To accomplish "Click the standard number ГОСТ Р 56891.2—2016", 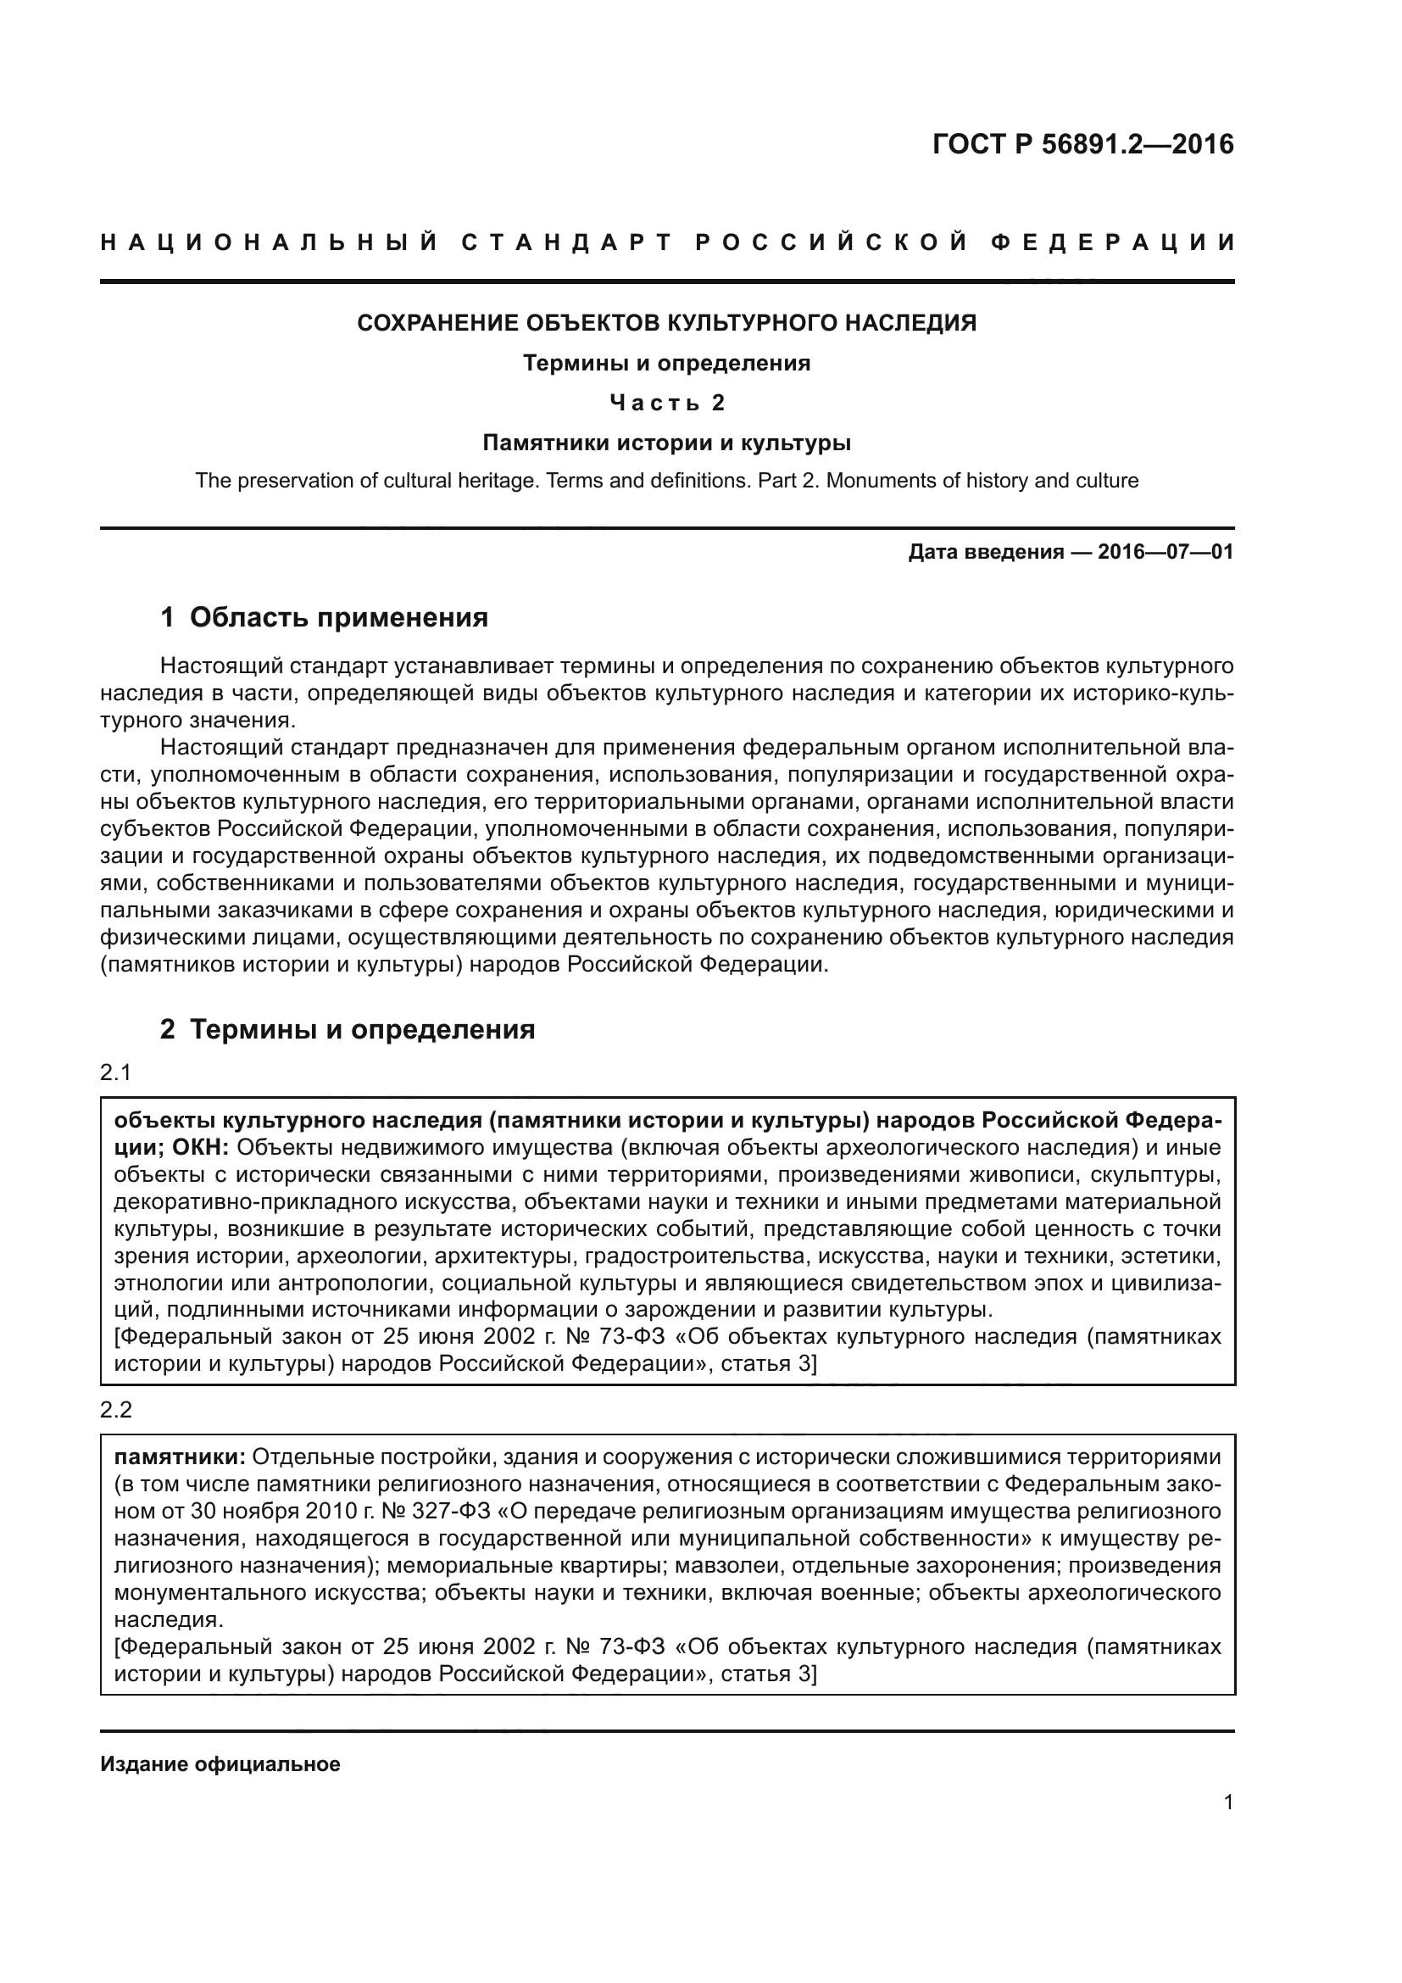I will click(x=1082, y=144).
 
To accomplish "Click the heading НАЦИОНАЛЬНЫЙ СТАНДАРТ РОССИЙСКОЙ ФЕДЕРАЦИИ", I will click(x=667, y=242).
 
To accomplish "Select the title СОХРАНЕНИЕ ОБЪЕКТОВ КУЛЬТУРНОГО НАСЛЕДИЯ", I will click(x=666, y=323).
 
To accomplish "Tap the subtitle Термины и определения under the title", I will click(x=666, y=364).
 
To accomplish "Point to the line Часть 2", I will click(x=666, y=404).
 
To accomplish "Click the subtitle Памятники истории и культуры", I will click(x=666, y=443).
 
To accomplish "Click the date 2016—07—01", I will click(x=1166, y=552).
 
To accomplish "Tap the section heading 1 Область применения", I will click(x=325, y=617).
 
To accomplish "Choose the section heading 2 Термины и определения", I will click(x=348, y=1029).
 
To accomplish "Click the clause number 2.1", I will click(x=115, y=1072).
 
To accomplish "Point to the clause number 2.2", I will click(x=115, y=1410).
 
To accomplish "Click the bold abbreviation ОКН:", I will click(x=199, y=1148).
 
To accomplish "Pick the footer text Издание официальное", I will click(x=220, y=1763).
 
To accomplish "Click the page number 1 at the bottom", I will click(x=1228, y=1802).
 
